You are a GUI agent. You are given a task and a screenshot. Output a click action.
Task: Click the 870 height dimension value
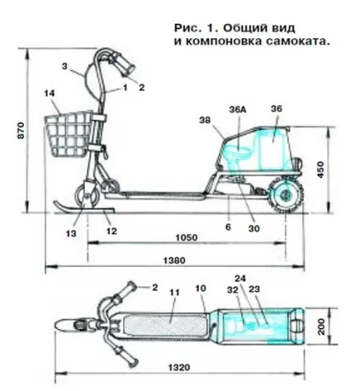coord(22,130)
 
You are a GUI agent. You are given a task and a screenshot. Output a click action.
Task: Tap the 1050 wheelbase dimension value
coord(187,237)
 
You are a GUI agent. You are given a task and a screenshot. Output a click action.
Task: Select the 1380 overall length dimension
coord(175,260)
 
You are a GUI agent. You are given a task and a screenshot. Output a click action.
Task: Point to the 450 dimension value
coord(320,170)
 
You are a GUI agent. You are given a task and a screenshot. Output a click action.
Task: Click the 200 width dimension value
coord(322,326)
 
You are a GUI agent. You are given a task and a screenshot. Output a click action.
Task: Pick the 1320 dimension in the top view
coord(179,368)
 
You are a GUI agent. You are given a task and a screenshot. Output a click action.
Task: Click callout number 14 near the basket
coord(49,93)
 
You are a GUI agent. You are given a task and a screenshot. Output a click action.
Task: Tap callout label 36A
coord(238,110)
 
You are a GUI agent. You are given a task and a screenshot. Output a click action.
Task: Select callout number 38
coord(205,120)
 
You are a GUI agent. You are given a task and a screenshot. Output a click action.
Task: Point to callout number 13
coord(71,234)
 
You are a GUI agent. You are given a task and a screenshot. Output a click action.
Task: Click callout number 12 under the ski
coord(111,231)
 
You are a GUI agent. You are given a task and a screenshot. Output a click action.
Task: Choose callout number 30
coord(254,229)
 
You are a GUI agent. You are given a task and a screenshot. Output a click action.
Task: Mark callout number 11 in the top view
coord(174,292)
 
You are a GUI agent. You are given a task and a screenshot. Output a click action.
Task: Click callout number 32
coord(233,290)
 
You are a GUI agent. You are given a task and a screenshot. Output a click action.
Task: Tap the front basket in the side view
coord(69,134)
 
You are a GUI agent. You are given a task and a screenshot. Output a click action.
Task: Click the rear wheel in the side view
coord(286,195)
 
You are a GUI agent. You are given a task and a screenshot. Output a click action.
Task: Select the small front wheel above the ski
coord(87,195)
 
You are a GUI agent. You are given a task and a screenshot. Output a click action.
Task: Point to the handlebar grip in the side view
coord(127,65)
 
